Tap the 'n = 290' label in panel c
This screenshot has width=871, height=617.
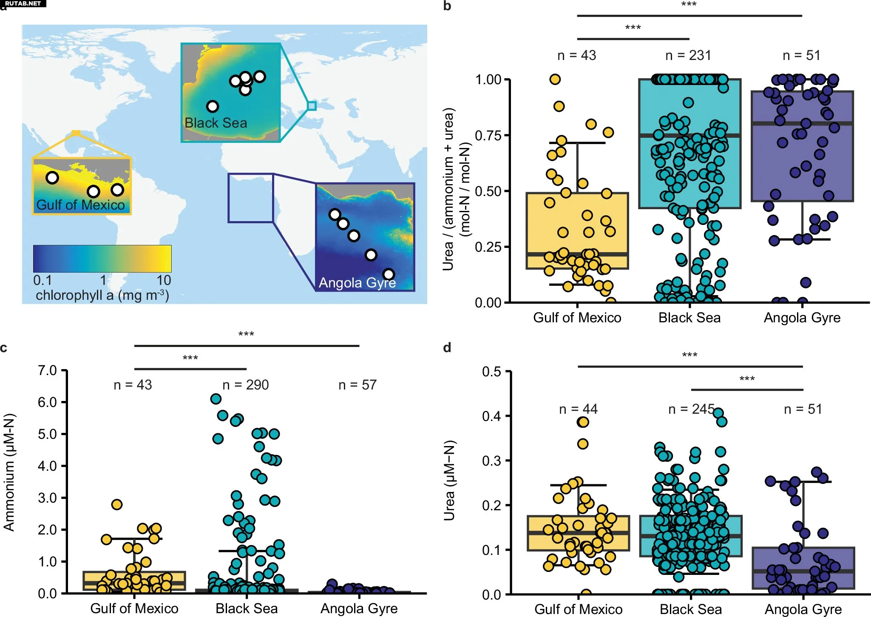(x=246, y=385)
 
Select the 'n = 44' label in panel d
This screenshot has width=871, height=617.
(x=578, y=409)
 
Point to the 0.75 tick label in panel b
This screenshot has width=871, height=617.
(x=488, y=136)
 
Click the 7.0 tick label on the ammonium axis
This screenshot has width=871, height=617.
(x=47, y=370)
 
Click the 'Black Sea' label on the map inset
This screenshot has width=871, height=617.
(x=216, y=123)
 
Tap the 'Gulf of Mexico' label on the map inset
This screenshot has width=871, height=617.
(x=80, y=205)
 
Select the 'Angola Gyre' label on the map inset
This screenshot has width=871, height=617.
(x=357, y=283)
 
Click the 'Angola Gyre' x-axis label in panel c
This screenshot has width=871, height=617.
(x=359, y=608)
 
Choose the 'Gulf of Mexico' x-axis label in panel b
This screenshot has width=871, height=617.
(x=577, y=318)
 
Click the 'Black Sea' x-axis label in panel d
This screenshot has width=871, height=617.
(x=691, y=609)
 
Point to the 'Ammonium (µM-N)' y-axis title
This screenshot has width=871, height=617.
(x=9, y=472)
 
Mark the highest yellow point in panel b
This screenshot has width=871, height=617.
(x=555, y=79)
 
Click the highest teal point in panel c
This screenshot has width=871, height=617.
(x=216, y=399)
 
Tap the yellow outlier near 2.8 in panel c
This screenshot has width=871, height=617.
(x=117, y=504)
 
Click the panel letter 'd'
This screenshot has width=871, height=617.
(x=447, y=348)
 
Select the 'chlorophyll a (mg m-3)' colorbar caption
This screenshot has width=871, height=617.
(x=102, y=295)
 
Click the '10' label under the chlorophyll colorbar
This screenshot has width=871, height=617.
(x=164, y=280)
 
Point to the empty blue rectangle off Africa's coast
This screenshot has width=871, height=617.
(x=250, y=198)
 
